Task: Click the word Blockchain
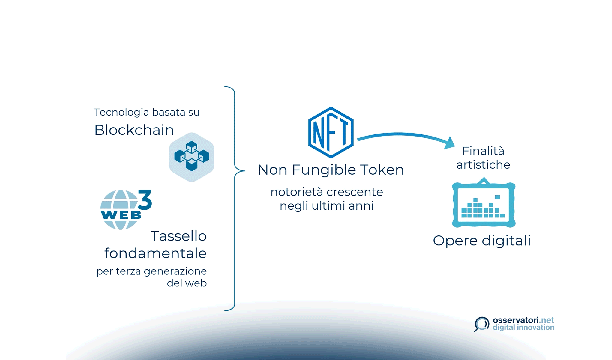(x=134, y=130)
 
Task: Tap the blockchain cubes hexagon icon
(x=192, y=157)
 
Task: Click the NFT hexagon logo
(x=331, y=132)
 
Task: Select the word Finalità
(x=483, y=151)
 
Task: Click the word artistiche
(x=483, y=165)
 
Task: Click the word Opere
(x=455, y=241)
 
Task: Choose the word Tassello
(x=178, y=236)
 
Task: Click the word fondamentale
(x=155, y=253)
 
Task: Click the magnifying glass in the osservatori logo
(x=482, y=324)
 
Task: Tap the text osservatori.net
(x=523, y=320)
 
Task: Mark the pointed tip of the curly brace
(x=244, y=171)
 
